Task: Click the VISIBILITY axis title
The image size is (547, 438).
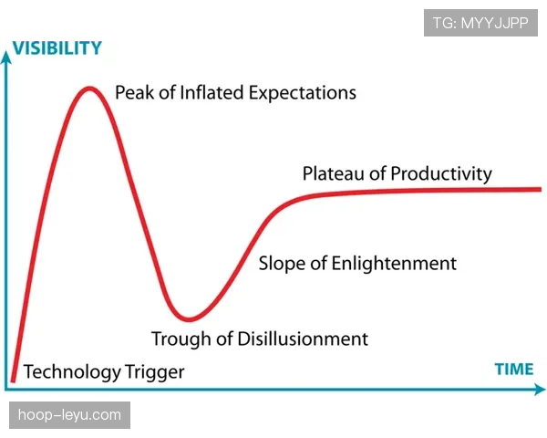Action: click(x=57, y=47)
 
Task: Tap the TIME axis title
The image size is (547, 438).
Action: click(x=514, y=370)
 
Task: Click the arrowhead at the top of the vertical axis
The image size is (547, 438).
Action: click(x=6, y=57)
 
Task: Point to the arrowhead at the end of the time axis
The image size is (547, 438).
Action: click(x=540, y=389)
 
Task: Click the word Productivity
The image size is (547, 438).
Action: click(x=441, y=174)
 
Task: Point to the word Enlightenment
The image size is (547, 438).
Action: click(x=394, y=264)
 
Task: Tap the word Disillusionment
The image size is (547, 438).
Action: click(x=303, y=339)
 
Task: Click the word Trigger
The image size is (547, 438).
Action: click(x=155, y=372)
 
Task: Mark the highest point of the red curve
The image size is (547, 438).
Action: click(x=89, y=89)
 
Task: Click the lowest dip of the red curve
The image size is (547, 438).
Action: click(x=189, y=318)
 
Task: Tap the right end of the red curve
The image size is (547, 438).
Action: click(x=541, y=189)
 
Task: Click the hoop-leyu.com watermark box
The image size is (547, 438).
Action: click(x=70, y=415)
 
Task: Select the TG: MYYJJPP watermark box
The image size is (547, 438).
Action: click(x=480, y=23)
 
